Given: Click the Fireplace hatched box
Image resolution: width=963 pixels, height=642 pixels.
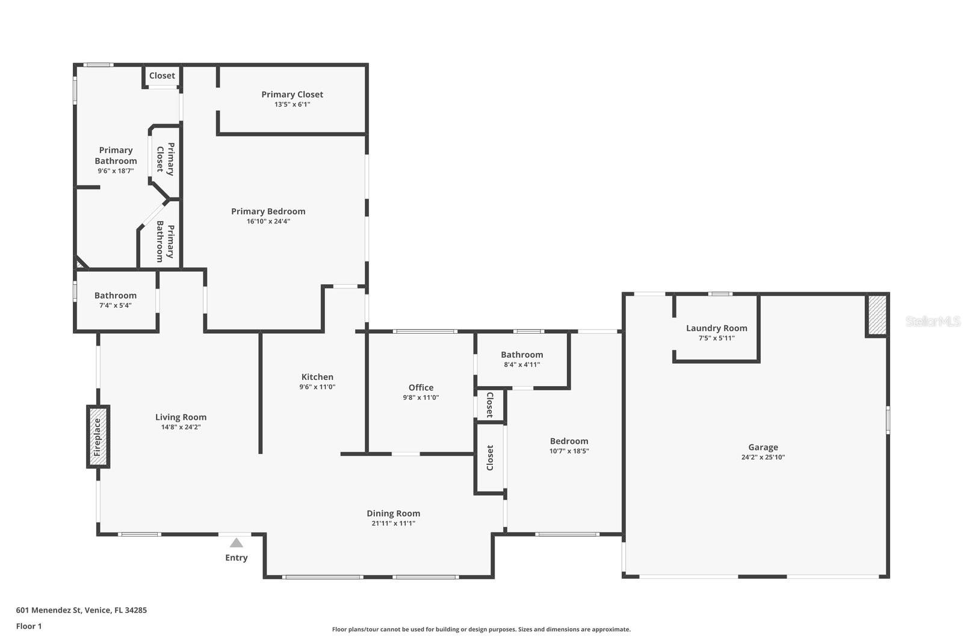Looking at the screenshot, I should coord(98,437).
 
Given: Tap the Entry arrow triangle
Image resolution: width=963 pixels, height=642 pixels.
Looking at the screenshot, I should coord(237,543).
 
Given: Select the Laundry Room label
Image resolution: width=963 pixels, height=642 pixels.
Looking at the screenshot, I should coord(716,328).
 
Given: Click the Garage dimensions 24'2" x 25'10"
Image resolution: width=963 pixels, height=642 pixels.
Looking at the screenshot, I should coord(763,457).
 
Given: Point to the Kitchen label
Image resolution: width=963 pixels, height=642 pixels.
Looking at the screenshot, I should coord(317,377).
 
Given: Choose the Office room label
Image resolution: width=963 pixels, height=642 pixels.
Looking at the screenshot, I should coord(421,387).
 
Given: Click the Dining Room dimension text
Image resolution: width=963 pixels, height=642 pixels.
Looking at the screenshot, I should coord(393,523).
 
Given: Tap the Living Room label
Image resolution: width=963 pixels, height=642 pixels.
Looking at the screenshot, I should coord(181,417).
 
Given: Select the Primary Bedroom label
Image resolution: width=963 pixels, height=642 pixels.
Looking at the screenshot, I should coord(268,211).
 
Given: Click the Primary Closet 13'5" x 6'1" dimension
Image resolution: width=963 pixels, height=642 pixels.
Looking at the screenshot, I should coord(292,104).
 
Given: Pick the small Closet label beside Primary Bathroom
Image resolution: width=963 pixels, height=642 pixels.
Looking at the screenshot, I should coord(162,76).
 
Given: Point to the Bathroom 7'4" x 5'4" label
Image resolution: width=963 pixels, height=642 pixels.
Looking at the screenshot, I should coord(115,296).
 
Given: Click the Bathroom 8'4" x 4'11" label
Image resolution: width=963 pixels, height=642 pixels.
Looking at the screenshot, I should coord(522,355).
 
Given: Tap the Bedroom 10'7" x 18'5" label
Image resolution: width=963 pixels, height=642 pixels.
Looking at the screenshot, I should coord(569,441).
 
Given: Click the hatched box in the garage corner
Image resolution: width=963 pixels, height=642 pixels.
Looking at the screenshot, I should coord(876,315).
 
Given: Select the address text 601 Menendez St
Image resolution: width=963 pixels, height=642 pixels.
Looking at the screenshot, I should coord(81,610).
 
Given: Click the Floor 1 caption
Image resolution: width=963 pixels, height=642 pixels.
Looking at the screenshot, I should coord(29,626).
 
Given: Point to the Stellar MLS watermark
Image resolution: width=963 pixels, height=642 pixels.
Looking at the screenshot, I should coord(933,322).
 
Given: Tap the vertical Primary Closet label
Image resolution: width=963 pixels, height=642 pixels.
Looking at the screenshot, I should coord(165,159).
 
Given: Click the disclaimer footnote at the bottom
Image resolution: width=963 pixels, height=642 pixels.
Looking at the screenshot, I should coord(481,629).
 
